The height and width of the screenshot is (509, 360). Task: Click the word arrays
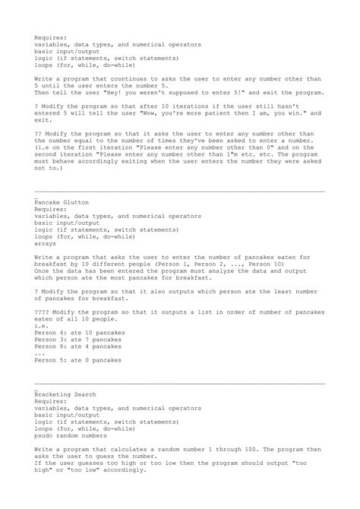[x=45, y=245]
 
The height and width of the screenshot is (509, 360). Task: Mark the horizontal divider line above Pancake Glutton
[x=180, y=192]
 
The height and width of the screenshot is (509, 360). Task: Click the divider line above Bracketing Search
[x=180, y=384]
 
